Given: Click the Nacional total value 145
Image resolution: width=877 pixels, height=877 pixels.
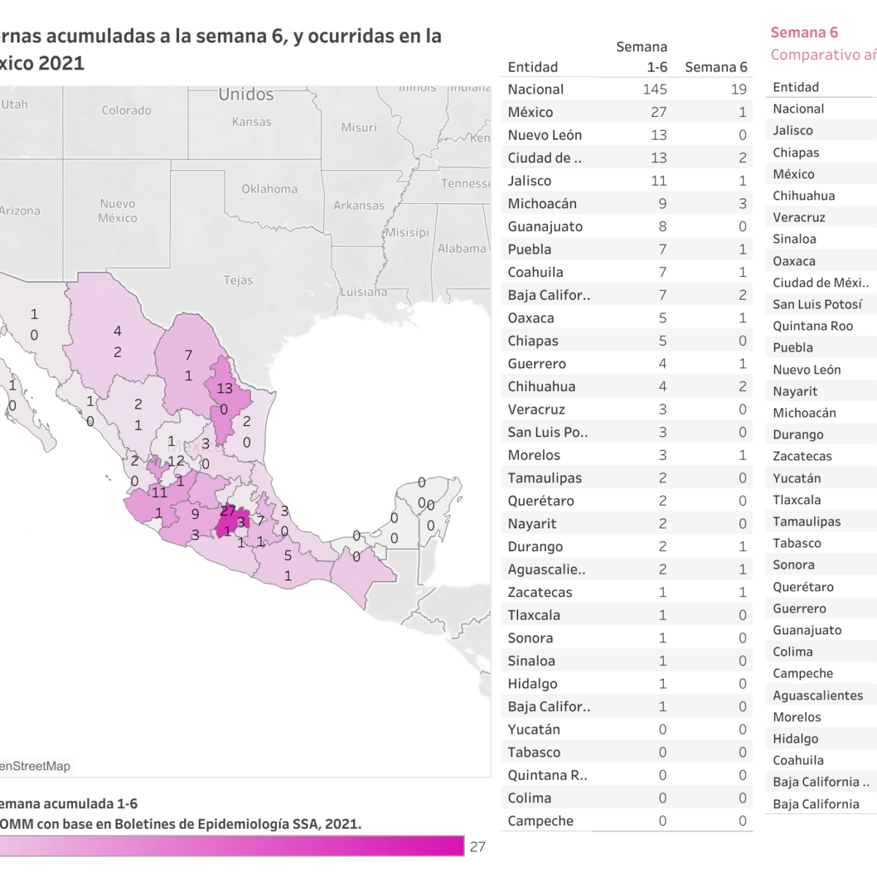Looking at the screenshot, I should coord(654,89).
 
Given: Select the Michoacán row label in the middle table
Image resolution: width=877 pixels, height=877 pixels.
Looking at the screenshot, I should coord(542,203).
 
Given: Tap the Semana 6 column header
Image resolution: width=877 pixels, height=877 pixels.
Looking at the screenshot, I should coord(715,67).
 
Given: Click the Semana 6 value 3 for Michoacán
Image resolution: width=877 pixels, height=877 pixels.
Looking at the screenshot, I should coord(742,203).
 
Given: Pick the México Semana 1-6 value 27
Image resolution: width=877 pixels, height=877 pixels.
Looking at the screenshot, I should coord(658,112).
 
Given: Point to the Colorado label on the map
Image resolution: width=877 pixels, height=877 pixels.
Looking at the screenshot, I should coord(126,110).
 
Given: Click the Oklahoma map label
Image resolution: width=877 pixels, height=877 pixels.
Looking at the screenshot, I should coord(270,189).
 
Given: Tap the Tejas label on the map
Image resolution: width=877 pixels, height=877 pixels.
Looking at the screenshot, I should coord(238,280).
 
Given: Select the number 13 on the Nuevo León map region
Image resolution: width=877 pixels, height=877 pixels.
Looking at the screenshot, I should coord(224,388).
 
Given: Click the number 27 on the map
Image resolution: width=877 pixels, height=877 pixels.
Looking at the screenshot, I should coord(227,510).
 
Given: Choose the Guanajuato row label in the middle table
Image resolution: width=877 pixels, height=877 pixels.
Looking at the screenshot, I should coord(544,227).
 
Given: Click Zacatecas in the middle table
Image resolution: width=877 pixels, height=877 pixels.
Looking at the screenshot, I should coord(539,592).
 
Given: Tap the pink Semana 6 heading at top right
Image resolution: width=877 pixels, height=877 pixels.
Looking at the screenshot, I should coord(804,32).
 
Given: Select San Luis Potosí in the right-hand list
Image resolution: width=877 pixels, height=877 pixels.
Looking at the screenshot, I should coord(817,304).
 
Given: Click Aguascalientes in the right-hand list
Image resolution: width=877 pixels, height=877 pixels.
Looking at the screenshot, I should coord(818,695).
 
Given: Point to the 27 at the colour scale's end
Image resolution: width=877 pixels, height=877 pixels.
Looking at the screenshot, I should coord(477,846).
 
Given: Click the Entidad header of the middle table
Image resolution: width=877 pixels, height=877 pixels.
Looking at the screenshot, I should coord(532,67).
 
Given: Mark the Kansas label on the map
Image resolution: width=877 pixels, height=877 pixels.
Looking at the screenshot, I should coord(251,122).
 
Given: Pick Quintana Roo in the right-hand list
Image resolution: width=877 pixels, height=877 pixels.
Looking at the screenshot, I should coord(813,326).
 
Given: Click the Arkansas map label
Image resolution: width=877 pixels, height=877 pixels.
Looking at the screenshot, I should coord(359,205).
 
